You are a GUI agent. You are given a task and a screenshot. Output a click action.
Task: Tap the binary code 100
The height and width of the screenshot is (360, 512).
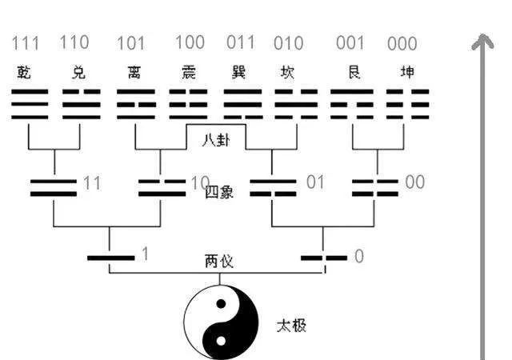190,42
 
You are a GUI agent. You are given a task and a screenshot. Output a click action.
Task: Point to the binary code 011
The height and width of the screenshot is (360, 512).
240,42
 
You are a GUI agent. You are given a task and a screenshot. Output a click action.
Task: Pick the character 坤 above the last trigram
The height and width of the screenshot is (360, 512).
407,73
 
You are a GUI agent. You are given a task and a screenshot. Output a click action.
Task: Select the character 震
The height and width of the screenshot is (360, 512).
188,73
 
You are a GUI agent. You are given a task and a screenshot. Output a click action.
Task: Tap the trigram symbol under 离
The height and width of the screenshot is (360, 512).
136,105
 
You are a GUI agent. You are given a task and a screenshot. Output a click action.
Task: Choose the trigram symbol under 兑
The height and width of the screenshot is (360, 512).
81,105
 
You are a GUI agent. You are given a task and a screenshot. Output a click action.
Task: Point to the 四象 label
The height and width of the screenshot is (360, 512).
218,192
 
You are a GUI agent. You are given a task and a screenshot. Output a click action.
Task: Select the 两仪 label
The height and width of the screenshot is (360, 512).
218,262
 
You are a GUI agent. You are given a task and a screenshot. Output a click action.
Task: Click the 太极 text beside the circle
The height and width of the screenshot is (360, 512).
290,326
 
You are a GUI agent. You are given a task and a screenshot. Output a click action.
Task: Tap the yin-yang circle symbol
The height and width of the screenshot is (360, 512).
222,323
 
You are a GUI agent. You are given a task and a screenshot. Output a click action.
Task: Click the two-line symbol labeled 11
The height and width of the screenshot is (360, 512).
54,187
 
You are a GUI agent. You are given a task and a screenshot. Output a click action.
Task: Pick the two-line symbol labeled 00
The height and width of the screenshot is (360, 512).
376,187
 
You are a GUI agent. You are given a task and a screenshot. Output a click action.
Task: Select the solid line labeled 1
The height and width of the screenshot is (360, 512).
111,258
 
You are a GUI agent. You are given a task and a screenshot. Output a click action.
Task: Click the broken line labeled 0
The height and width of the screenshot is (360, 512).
323,258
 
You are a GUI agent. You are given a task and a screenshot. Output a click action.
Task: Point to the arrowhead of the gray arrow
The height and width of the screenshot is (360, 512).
482,42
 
